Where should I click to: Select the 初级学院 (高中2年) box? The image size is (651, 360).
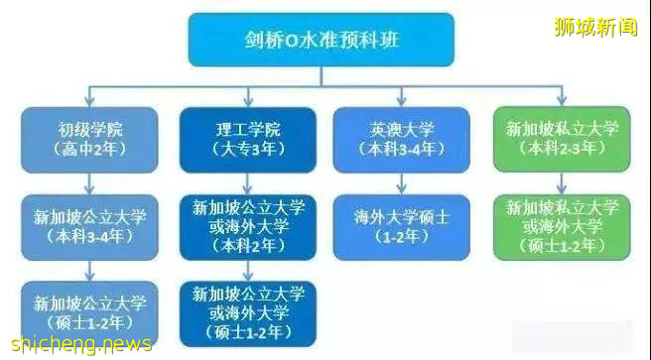tap(89, 140)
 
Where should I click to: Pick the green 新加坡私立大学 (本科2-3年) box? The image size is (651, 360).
tap(562, 140)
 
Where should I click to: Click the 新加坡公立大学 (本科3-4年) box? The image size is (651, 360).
tap(89, 227)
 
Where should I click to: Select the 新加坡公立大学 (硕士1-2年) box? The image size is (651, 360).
tap(89, 313)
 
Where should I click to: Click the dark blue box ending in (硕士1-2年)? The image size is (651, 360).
tap(248, 314)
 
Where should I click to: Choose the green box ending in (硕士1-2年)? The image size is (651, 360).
tap(562, 227)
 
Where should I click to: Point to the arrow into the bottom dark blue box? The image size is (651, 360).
tap(248, 272)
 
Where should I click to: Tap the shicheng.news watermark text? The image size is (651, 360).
tap(77, 343)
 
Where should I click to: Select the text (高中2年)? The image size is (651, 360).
tap(89, 150)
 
